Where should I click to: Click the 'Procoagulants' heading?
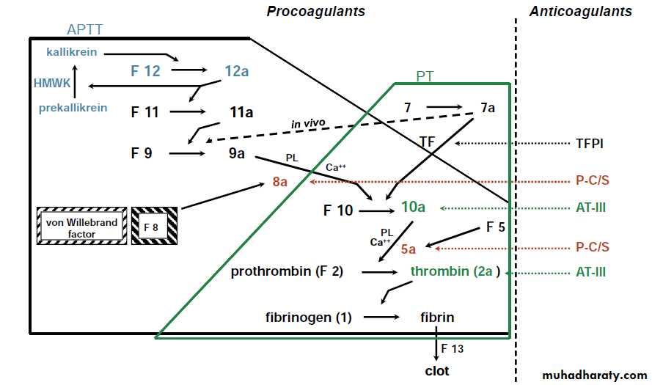tap(315, 11)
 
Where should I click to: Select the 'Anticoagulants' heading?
tap(580, 11)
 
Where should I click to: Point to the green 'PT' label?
tap(424, 76)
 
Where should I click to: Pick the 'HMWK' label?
tap(52, 84)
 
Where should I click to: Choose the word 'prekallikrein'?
tap(73, 108)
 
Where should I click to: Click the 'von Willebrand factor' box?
tap(81, 225)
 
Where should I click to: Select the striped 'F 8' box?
tap(154, 226)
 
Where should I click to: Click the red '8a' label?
tap(280, 180)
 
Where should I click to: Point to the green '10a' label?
tap(413, 208)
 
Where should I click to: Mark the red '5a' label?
tap(409, 249)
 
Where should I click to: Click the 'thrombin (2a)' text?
tap(455, 271)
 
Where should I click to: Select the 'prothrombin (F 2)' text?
tap(287, 271)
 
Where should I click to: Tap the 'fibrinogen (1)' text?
tap(309, 318)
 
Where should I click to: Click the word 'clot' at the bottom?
tap(437, 370)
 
